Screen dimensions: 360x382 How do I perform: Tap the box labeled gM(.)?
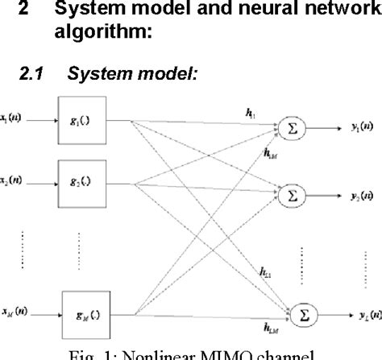pyautogui.click(x=87, y=311)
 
